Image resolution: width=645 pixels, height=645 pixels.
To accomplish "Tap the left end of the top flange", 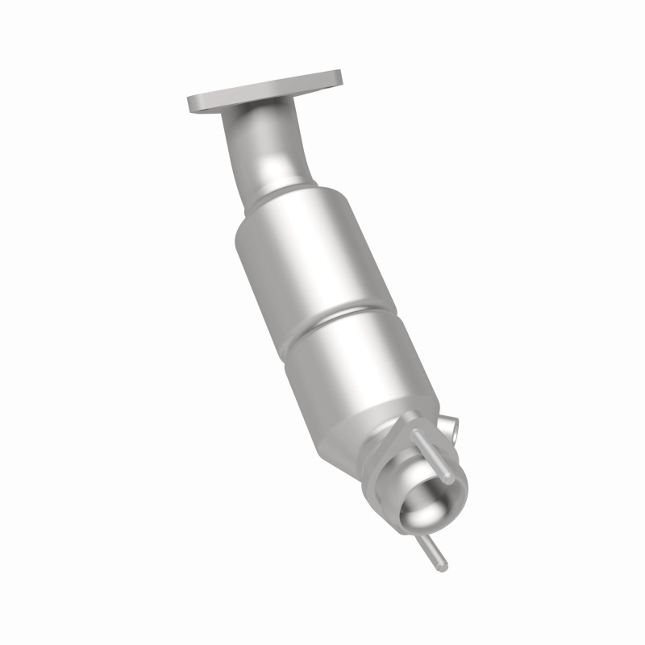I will [x=194, y=104].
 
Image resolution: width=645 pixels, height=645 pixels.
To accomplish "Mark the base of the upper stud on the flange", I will [x=418, y=434].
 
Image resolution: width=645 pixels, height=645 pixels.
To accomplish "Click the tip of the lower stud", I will [x=443, y=568].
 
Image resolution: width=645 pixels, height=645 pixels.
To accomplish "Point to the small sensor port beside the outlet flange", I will [x=452, y=427].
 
